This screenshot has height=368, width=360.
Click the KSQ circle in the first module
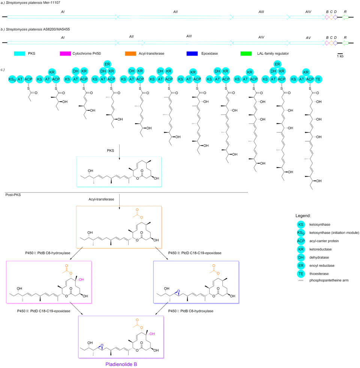pyautogui.click(x=11, y=79)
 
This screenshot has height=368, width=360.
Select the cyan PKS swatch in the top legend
pyautogui.click(x=22, y=54)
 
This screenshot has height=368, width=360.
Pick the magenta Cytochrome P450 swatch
pyautogui.click(x=68, y=54)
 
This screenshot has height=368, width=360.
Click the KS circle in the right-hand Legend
pyautogui.click(x=300, y=224)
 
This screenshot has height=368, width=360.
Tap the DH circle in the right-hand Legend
pyautogui.click(x=300, y=257)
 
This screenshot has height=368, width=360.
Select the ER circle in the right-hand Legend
pyautogui.click(x=300, y=265)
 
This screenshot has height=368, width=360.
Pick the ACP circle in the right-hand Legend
pyautogui.click(x=300, y=240)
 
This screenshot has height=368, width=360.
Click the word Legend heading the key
pyautogui.click(x=302, y=216)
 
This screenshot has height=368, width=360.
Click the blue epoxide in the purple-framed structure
pyautogui.click(x=101, y=347)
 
